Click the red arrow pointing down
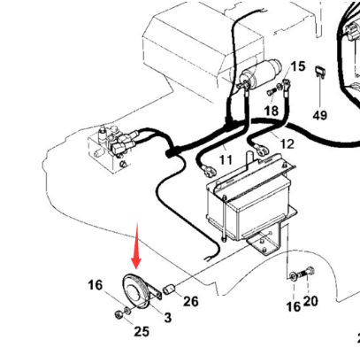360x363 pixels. coord(136,251)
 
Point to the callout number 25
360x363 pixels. coord(142,331)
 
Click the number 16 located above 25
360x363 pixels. coord(95,284)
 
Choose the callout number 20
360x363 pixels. coord(310,301)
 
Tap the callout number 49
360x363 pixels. coord(319,115)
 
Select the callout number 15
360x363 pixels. coord(297,66)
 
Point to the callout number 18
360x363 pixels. coord(271,111)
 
